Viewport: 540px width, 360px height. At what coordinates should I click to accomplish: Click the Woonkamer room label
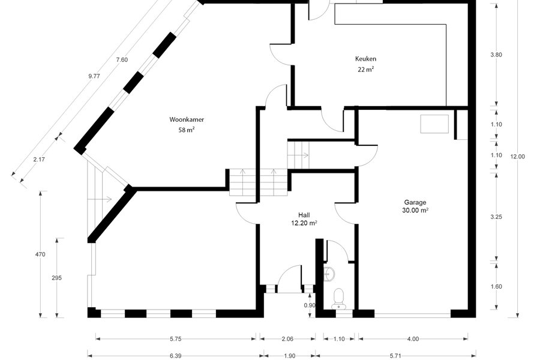click(187, 119)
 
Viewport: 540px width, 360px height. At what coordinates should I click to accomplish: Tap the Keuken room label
click(366, 59)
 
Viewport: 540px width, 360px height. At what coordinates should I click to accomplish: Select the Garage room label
click(415, 202)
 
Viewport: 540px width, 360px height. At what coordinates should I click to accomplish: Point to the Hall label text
click(304, 215)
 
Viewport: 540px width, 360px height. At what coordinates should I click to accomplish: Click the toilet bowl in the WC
click(339, 298)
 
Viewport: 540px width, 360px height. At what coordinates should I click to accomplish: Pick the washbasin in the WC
click(329, 274)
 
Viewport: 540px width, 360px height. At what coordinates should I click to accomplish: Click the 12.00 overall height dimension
click(518, 157)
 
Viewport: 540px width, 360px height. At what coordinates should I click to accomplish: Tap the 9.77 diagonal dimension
click(94, 76)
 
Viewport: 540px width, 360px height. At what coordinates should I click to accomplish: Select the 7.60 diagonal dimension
click(122, 59)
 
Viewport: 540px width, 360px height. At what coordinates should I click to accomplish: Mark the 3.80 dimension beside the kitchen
click(496, 55)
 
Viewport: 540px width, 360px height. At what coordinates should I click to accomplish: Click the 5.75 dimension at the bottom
click(176, 338)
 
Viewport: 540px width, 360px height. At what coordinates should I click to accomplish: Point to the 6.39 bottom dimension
click(176, 356)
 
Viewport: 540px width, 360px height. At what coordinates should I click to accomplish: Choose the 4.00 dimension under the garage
click(413, 338)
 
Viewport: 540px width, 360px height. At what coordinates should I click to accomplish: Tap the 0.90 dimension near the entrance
click(310, 305)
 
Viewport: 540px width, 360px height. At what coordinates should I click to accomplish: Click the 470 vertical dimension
click(40, 254)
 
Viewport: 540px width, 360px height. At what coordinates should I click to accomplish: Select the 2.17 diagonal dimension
click(39, 160)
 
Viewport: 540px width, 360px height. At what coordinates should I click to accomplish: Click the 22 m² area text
click(366, 69)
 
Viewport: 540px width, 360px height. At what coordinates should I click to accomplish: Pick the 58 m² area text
click(187, 130)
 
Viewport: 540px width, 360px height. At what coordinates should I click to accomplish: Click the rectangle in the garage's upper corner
click(434, 124)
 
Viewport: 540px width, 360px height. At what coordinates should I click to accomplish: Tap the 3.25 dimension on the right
click(496, 217)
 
